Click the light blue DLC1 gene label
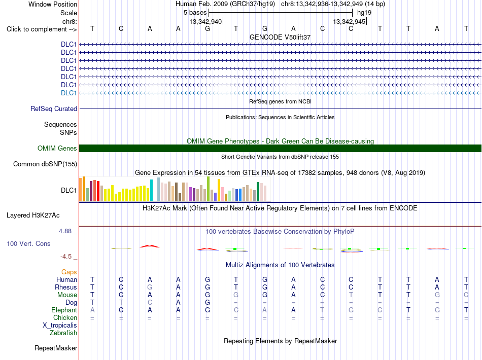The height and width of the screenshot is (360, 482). pos(68,93)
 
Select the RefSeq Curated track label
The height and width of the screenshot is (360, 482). pos(54,109)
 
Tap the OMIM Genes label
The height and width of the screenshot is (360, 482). pos(57,149)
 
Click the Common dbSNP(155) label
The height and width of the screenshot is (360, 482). pos(45,164)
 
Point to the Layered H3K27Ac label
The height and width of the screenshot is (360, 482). pos(33,215)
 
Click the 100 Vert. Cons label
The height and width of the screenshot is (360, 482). pos(28,243)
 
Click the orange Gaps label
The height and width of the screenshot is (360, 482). pos(69,272)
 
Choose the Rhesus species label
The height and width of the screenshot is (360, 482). pos(66,287)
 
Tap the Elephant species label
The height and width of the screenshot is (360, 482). pos(64,310)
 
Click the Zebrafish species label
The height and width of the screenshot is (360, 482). pos(63,333)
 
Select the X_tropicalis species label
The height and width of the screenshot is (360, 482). pos(60,326)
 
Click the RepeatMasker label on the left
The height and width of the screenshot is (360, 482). pos(56,348)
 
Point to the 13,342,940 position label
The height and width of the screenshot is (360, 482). pos(205,21)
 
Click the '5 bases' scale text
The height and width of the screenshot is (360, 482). pos(195,13)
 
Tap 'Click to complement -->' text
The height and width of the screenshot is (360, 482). pos(42,29)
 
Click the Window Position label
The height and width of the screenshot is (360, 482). pos(53,4)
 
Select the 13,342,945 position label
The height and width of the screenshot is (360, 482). pos(349,21)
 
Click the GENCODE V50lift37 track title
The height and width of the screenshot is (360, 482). pos(280,37)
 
